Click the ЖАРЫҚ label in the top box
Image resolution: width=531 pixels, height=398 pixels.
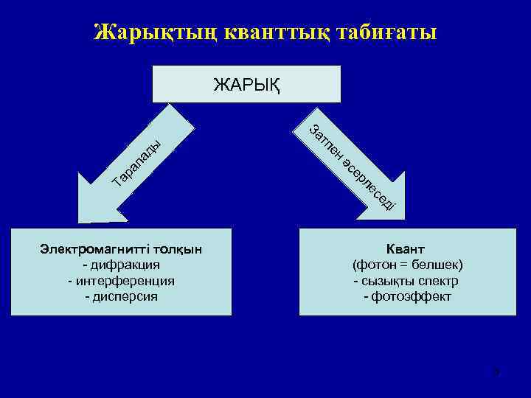[246, 83]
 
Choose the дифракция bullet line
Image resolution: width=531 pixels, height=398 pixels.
[122, 265]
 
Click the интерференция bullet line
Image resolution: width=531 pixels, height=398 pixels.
[121, 281]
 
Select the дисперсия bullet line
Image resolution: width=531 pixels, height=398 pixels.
[122, 297]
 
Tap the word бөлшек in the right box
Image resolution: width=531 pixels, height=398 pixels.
[436, 265]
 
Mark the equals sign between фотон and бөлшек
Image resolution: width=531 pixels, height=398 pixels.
[403, 265]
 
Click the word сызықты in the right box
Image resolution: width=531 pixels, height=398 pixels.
[387, 281]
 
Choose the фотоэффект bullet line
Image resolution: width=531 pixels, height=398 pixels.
[408, 297]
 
